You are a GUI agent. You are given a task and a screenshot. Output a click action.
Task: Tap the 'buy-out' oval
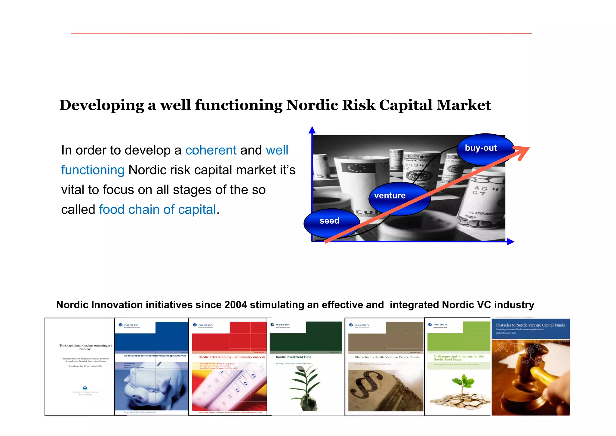[484, 149]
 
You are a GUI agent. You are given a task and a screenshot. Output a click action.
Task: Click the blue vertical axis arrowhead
[312, 130]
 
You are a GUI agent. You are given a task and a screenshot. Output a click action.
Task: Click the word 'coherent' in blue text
[211, 150]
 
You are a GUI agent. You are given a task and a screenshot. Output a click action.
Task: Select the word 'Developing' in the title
[102, 105]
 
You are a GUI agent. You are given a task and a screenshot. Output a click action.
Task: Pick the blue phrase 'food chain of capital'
[158, 210]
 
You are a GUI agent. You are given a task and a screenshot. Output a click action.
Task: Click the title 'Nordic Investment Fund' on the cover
[294, 357]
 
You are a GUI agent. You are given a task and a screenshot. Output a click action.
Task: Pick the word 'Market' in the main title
[464, 105]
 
